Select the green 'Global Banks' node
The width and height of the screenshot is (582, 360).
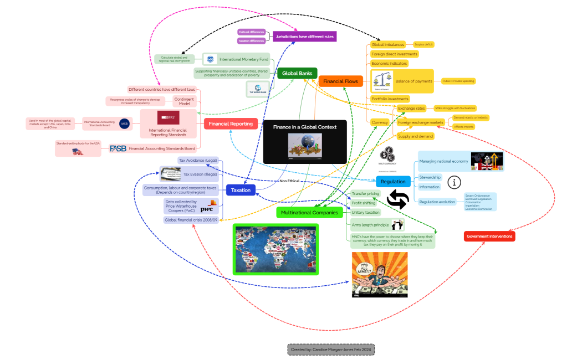297,73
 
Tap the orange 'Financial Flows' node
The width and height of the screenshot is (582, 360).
340,81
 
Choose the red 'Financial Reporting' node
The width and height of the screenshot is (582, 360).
231,124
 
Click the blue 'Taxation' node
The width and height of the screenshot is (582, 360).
241,190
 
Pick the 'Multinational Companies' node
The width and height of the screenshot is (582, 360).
309,213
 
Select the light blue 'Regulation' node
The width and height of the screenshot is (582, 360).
393,182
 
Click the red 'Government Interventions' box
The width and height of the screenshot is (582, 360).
489,236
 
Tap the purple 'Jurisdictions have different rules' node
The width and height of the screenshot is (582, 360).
305,37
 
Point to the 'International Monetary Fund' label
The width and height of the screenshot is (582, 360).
244,59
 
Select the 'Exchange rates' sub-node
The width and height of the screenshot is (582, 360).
411,108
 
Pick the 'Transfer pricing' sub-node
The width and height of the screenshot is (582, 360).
365,194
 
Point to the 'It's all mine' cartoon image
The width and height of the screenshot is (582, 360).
380,275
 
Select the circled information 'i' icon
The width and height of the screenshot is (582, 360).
454,182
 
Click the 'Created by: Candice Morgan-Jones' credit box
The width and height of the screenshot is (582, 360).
331,349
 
